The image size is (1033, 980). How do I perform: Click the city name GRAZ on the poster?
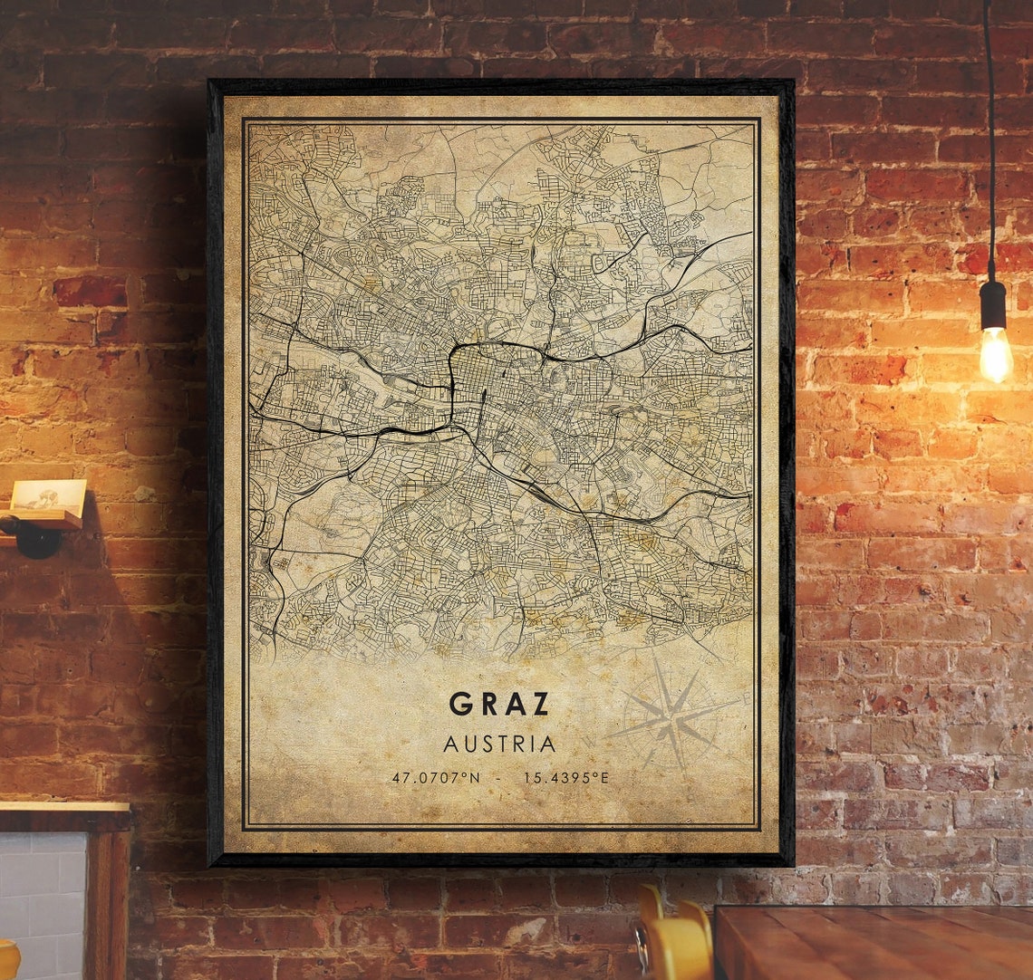[500, 704]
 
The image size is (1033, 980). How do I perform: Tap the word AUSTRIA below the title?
[499, 745]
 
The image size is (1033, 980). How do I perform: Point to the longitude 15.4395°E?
[565, 777]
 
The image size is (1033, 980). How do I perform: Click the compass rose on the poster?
[674, 717]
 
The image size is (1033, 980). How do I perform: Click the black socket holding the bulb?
[993, 305]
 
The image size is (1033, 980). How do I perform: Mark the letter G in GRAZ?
[460, 704]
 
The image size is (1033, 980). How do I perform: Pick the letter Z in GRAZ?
[540, 704]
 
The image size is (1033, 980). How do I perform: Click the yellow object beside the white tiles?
[9, 960]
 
